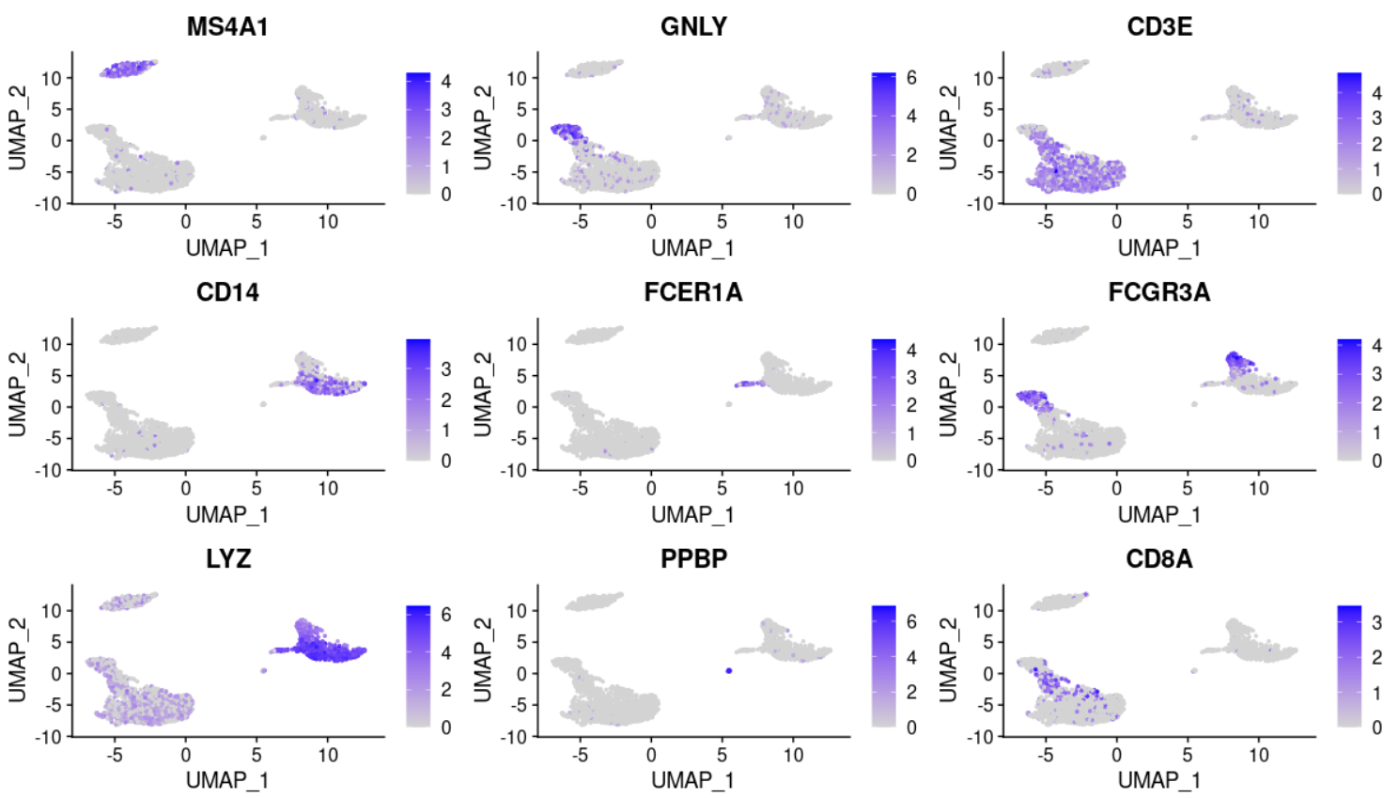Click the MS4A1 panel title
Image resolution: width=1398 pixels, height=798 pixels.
coord(227,26)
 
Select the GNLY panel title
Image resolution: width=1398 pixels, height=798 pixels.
coord(693,26)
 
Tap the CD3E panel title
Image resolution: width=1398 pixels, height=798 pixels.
coord(1159,26)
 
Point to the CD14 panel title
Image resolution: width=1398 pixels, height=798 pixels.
coord(227,292)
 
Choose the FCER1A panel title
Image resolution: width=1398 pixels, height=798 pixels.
coord(693,292)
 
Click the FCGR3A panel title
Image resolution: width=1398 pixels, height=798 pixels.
coord(1159,292)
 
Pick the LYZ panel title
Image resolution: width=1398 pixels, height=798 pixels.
coord(227,559)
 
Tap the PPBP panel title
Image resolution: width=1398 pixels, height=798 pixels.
coord(693,559)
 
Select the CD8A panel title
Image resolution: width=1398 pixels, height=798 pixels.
coord(1159,559)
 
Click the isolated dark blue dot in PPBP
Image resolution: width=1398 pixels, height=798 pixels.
coord(729,670)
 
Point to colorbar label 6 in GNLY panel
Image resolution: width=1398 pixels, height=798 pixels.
coord(911,78)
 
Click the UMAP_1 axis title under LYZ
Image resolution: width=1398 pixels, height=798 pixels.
coord(227,780)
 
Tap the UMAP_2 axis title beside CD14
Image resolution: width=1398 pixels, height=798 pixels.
coord(17,395)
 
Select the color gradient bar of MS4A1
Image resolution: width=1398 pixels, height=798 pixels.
coord(418,133)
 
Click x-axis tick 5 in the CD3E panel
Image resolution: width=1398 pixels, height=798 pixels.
coord(1188,222)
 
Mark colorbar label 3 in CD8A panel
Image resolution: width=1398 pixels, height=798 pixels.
coord(1376,622)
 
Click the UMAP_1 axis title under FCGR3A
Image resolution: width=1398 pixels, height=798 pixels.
coord(1159,514)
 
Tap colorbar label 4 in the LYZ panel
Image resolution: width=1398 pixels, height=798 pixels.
coord(446,652)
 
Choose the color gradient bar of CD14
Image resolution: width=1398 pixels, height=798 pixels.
coord(418,399)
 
